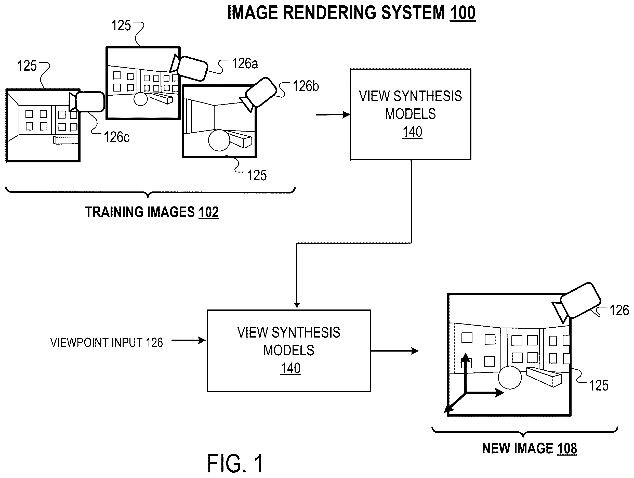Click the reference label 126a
[245, 63]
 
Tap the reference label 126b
[306, 86]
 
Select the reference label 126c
[117, 137]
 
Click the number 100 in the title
[462, 13]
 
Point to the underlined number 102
[208, 212]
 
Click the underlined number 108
[567, 448]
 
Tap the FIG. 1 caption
[235, 464]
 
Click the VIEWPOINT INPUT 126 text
[107, 343]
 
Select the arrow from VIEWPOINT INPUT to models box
[189, 341]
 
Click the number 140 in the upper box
[412, 132]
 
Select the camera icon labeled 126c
[87, 102]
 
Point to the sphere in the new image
[510, 377]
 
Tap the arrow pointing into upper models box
[333, 115]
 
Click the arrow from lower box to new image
[395, 351]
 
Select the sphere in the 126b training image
[219, 140]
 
